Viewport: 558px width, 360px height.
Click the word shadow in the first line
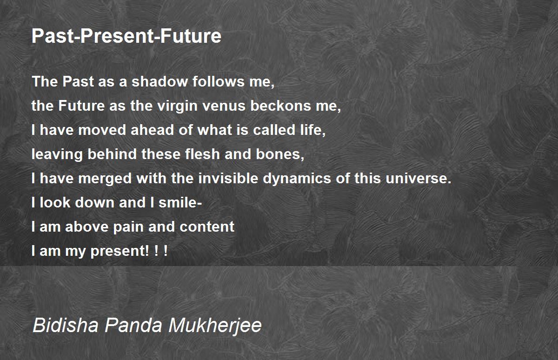tap(159, 81)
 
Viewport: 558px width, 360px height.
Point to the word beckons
tap(281, 106)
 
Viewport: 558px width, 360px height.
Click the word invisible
tap(228, 179)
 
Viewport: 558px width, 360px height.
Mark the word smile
tap(177, 202)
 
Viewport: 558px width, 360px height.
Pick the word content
tap(207, 227)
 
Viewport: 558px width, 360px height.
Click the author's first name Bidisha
tap(66, 325)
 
